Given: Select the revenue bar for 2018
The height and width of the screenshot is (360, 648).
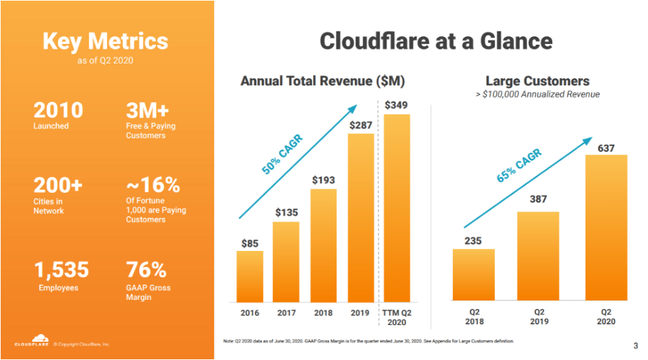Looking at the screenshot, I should point(323,244).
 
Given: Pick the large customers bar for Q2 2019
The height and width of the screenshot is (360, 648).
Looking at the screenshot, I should point(538,256).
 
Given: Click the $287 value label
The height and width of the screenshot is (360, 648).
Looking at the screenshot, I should point(360,125).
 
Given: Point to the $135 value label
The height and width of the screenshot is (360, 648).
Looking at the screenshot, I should point(286,212).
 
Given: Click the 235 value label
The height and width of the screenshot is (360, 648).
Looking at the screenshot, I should point(473,240).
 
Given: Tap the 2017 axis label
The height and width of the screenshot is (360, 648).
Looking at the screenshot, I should point(286,313).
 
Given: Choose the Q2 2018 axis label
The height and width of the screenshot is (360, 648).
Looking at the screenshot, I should point(473,317).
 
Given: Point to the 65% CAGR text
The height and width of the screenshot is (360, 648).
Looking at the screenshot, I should point(519,166).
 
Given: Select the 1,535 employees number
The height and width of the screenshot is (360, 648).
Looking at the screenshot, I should point(62,270).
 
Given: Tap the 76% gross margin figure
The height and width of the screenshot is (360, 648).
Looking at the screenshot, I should point(146,270).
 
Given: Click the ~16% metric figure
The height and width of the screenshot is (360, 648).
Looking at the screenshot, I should point(152,185).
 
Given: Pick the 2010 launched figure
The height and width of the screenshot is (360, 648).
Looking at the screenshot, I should point(58,110).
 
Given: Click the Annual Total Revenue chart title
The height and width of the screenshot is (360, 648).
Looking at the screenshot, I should point(322,82).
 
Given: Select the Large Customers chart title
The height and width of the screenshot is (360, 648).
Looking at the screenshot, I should point(537,81).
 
